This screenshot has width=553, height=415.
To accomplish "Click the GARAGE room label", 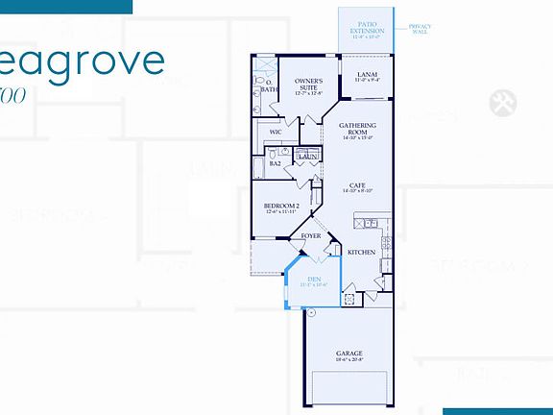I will point(349,353).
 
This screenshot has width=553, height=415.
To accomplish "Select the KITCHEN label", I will point(361,252).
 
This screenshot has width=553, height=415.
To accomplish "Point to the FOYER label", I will point(311,235).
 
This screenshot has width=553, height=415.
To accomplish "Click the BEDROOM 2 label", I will point(282,206).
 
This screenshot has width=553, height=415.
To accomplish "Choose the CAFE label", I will point(356,186).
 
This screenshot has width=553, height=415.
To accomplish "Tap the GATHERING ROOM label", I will point(358,126).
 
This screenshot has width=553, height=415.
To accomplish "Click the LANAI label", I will point(366,75).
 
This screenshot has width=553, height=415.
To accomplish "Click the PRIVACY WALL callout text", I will point(420,28).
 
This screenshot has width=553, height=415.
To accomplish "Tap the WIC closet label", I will point(276,132).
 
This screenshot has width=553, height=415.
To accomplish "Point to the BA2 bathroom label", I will point(275,163).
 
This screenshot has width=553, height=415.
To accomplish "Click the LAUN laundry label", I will point(309,157).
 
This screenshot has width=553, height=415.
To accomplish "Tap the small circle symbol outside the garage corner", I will point(312,312).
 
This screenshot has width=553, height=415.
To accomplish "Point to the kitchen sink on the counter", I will point(371,223).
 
